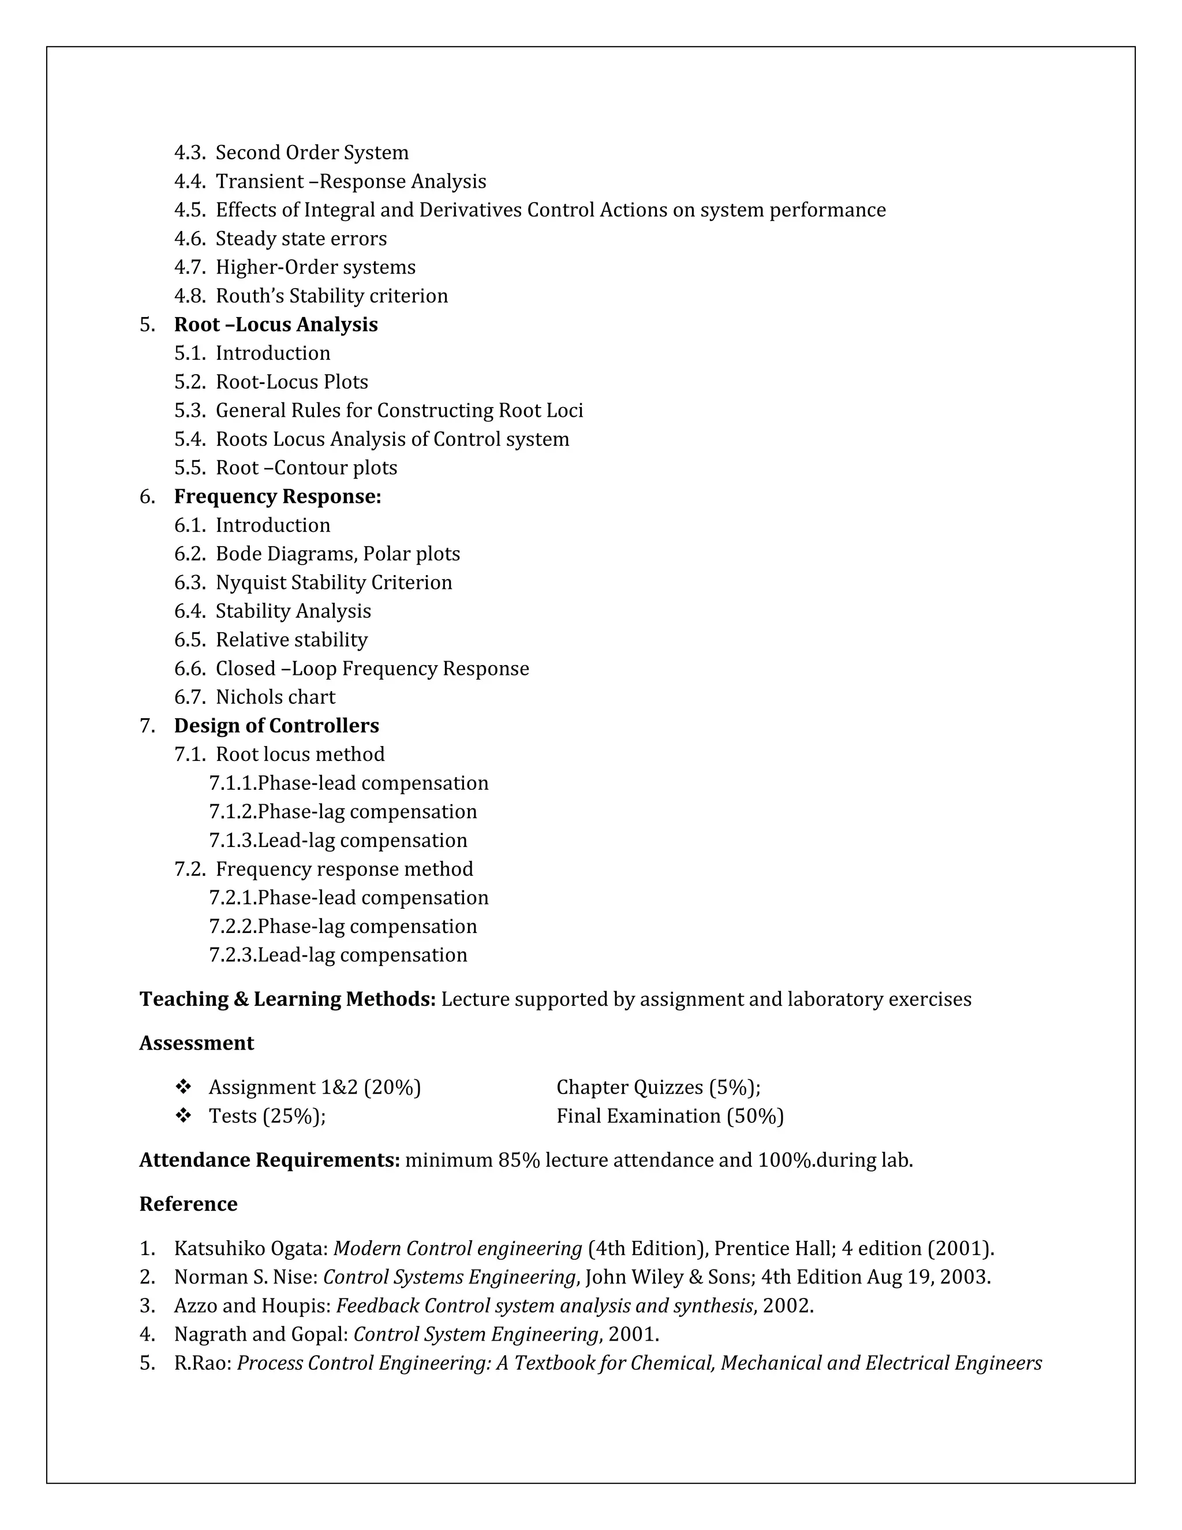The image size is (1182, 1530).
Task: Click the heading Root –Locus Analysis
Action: [x=275, y=324]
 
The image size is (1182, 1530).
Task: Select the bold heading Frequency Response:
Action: [x=277, y=497]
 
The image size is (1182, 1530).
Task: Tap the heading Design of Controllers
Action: [x=276, y=726]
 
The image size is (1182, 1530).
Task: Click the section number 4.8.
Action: [x=189, y=296]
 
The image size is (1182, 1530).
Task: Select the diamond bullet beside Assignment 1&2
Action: [x=184, y=1087]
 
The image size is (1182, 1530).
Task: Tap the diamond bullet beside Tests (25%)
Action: [x=184, y=1116]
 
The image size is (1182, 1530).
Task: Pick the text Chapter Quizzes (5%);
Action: [x=658, y=1087]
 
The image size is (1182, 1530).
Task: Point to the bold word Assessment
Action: [x=196, y=1043]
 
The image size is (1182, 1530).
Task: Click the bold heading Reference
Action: [x=188, y=1204]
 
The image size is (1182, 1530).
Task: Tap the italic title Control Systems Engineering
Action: [x=449, y=1277]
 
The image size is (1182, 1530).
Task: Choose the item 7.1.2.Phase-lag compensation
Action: [x=343, y=812]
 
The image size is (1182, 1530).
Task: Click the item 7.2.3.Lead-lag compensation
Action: [x=338, y=956]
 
